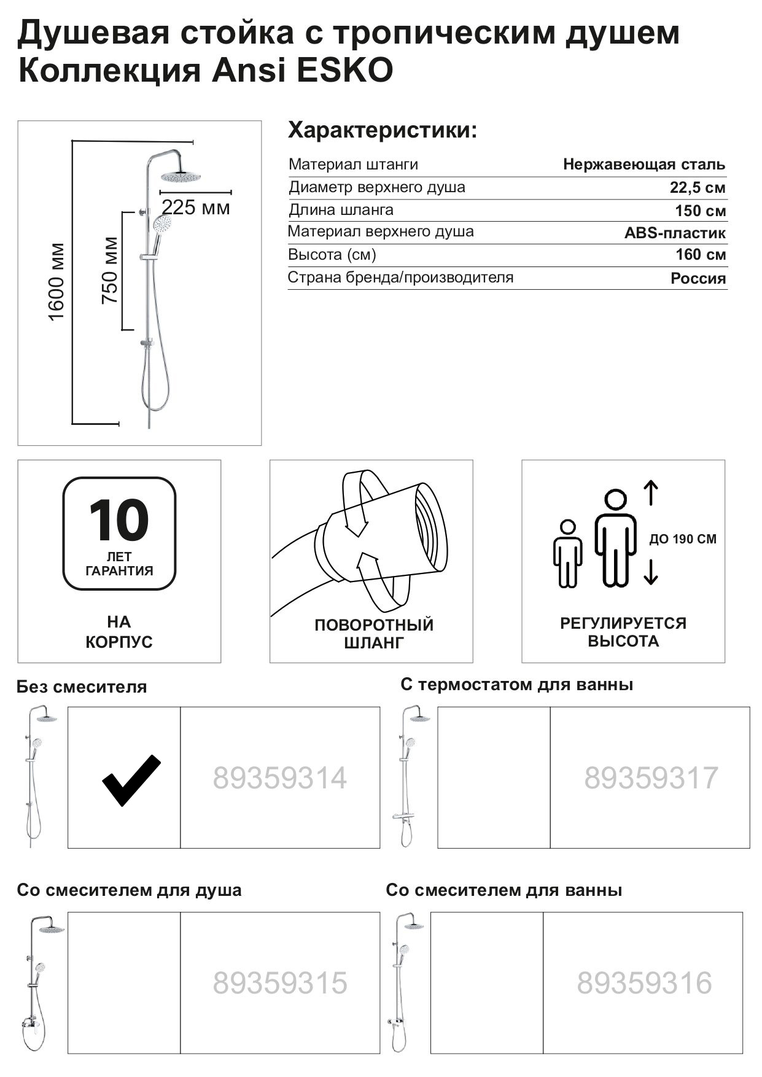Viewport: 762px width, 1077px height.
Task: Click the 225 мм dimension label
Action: (195, 208)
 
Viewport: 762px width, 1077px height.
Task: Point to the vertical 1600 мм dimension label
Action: (56, 282)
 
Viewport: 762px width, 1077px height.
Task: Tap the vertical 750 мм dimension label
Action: (110, 270)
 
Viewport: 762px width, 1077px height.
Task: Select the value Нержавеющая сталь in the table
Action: (643, 165)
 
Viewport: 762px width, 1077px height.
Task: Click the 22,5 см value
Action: (697, 188)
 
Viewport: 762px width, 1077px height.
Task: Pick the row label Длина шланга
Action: (341, 210)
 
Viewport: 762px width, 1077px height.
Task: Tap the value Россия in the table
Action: (698, 279)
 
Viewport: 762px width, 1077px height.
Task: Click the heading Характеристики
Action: (382, 131)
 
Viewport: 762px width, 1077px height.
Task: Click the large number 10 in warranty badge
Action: (119, 520)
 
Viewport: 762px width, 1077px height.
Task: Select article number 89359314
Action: (279, 778)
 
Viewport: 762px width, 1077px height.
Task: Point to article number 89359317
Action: (650, 778)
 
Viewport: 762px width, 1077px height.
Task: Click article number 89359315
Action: (279, 983)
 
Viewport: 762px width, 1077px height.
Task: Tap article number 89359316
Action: (643, 983)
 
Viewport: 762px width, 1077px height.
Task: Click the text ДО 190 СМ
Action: (682, 539)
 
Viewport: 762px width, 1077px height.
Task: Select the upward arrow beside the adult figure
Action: (651, 493)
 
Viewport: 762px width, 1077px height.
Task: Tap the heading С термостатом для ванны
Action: (516, 685)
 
